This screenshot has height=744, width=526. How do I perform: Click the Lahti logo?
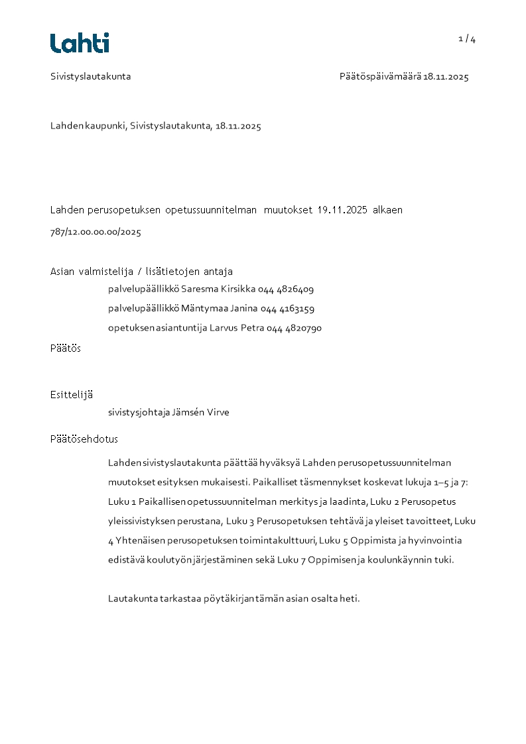(80, 43)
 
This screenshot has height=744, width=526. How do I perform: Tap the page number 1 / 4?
(467, 38)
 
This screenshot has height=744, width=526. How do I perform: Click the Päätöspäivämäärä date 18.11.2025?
(446, 77)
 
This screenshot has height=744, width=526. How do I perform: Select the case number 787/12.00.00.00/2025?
(96, 233)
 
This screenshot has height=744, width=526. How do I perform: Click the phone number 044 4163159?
(287, 309)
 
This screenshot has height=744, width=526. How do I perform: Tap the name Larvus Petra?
(237, 328)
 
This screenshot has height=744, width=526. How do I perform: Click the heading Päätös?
(66, 348)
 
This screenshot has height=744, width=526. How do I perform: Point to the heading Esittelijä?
(72, 395)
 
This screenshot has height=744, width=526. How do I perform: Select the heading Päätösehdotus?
(84, 439)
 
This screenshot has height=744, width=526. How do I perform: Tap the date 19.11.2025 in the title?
(342, 210)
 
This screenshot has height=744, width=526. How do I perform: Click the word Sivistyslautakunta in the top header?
(91, 77)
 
